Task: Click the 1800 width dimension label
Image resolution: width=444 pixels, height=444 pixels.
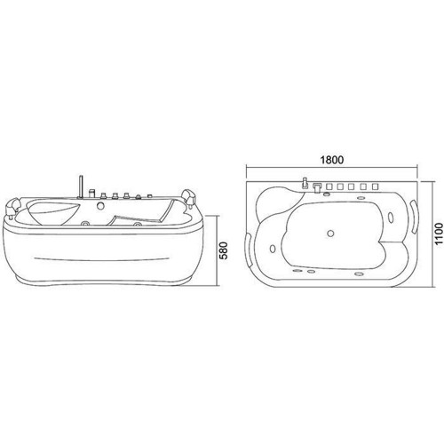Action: tap(332, 160)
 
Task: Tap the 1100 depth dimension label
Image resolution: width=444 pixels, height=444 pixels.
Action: tap(440, 234)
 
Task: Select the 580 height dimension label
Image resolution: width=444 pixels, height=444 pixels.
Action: tap(225, 250)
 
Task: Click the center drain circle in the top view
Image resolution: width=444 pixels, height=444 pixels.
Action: tap(330, 234)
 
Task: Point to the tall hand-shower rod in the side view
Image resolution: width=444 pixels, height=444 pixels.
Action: tap(80, 186)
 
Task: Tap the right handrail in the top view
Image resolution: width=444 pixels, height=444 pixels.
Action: tap(414, 217)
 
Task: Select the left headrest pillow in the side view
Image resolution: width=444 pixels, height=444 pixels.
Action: tap(12, 206)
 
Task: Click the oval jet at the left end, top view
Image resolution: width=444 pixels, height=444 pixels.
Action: tap(273, 249)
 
